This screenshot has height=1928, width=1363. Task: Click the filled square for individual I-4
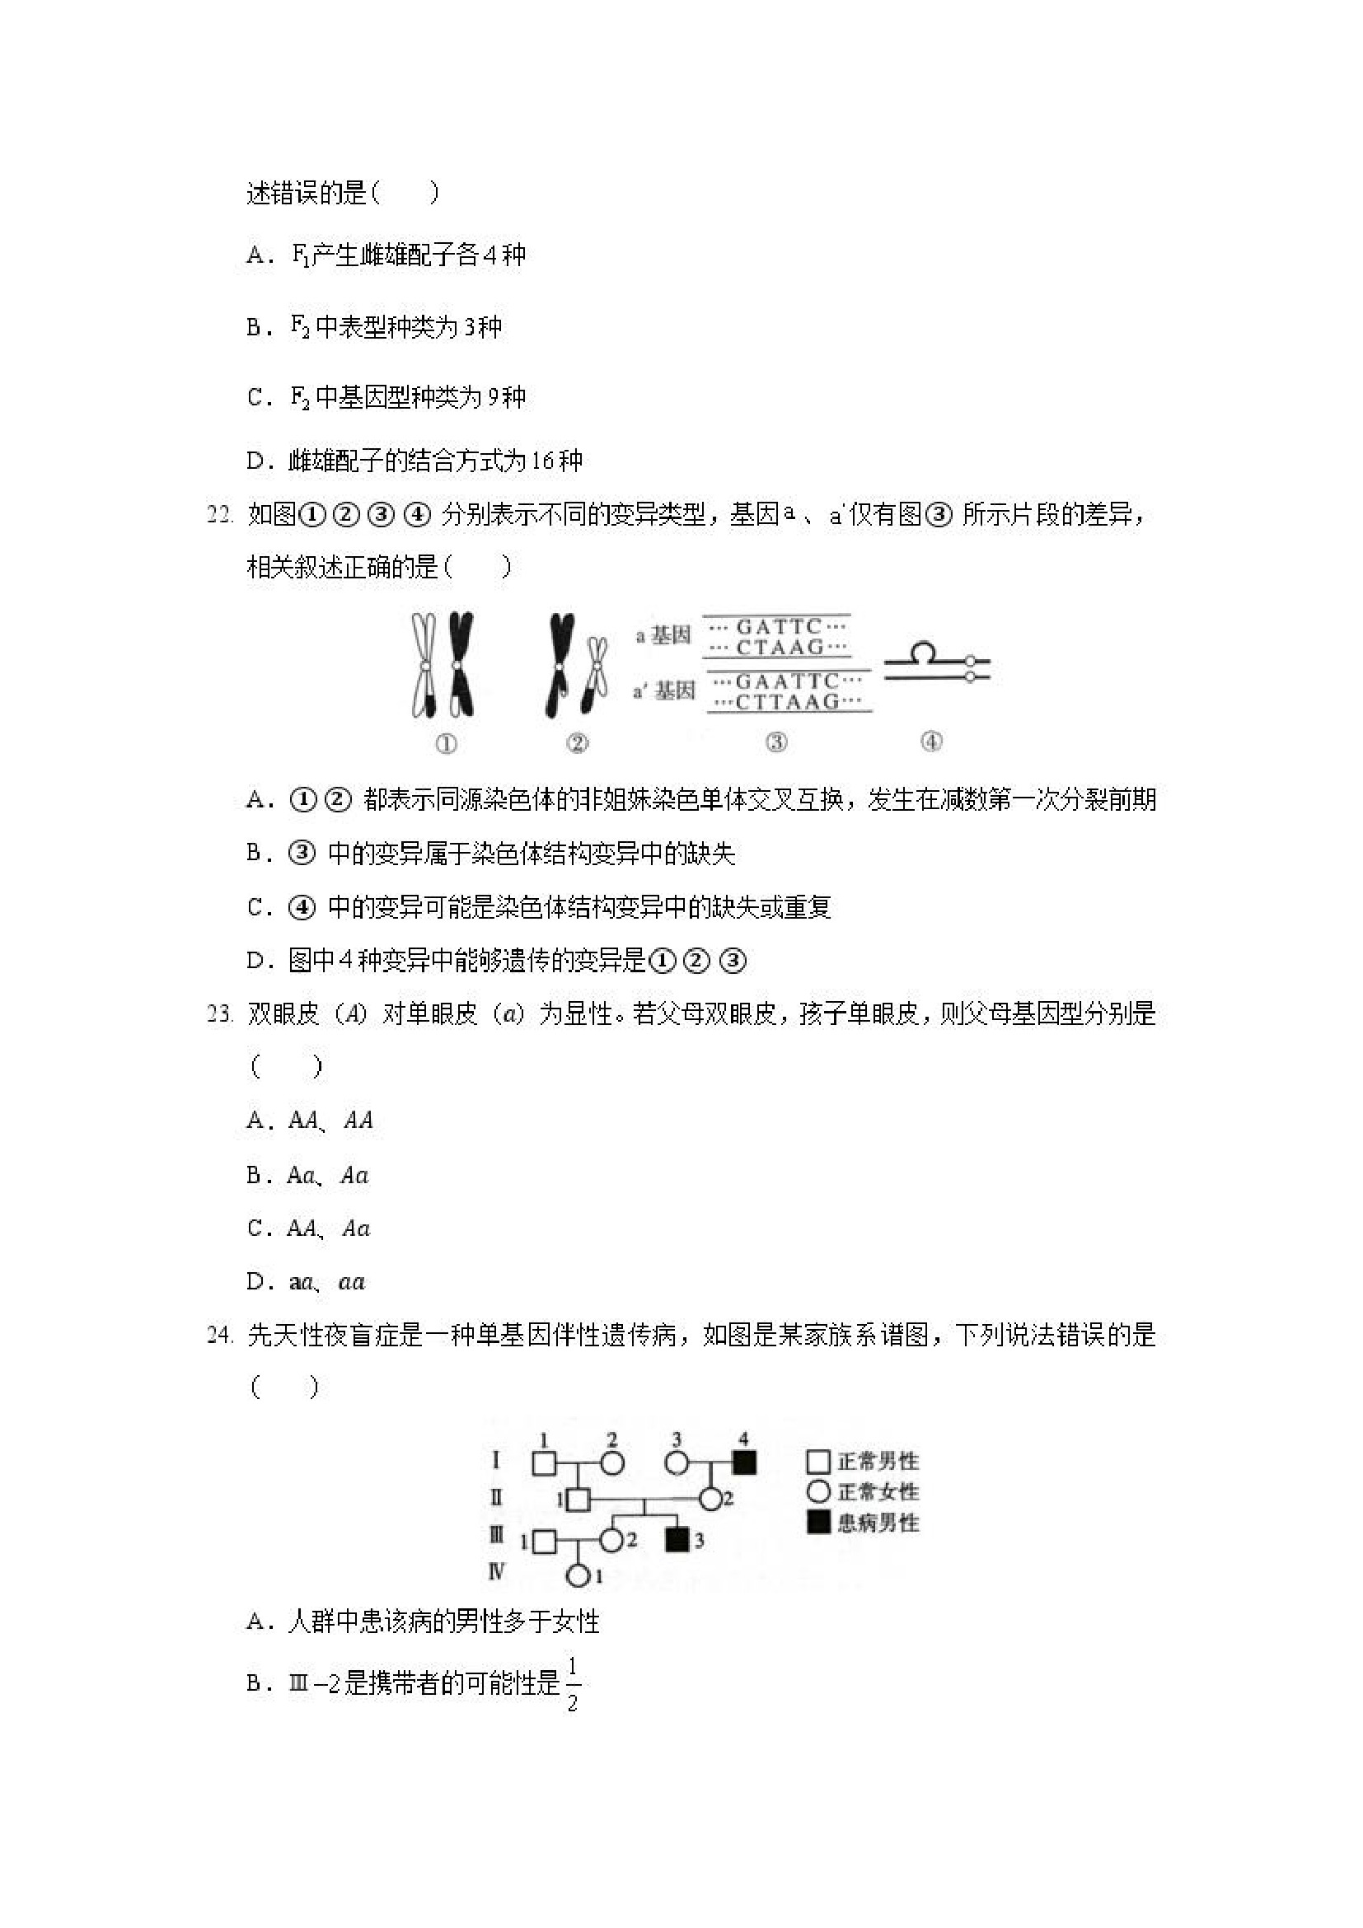point(744,1462)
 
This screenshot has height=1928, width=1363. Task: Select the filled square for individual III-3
point(677,1540)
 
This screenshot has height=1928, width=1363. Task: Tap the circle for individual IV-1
point(578,1576)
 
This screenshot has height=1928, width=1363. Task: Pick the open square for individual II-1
point(578,1499)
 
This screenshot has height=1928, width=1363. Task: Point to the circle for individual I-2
point(612,1462)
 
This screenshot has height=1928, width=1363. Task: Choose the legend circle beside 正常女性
point(818,1491)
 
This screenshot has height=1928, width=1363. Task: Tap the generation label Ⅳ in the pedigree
point(496,1571)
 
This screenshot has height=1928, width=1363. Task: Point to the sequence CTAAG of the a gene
point(780,648)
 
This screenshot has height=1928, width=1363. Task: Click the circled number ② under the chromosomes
point(578,743)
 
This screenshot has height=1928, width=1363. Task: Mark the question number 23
point(219,1014)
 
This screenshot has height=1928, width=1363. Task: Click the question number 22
point(219,515)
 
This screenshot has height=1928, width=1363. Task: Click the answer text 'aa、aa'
point(327,1282)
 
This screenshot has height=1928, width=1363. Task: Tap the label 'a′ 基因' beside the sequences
point(664,691)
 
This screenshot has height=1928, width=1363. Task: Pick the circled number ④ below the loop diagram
point(931,742)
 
